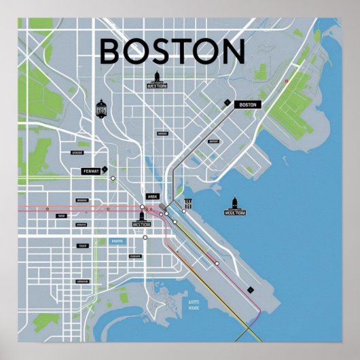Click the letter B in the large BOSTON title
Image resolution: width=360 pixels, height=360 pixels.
pyautogui.click(x=111, y=52)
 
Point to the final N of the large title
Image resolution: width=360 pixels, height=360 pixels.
pyautogui.click(x=231, y=52)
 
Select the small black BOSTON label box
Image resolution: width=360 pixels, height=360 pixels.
pyautogui.click(x=248, y=105)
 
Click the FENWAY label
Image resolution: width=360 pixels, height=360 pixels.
pyautogui.click(x=90, y=171)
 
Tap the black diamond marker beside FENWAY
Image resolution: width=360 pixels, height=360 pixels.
pyautogui.click(x=105, y=170)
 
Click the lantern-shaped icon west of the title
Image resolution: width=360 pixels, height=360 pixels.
pyautogui.click(x=101, y=107)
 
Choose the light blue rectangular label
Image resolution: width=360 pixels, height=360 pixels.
pyautogui.click(x=118, y=241)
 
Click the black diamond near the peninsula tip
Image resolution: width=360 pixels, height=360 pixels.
pyautogui.click(x=250, y=289)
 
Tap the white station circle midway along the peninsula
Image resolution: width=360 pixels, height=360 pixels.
pyautogui.click(x=217, y=262)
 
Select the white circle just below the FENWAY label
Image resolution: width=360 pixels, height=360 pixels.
pyautogui.click(x=113, y=179)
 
